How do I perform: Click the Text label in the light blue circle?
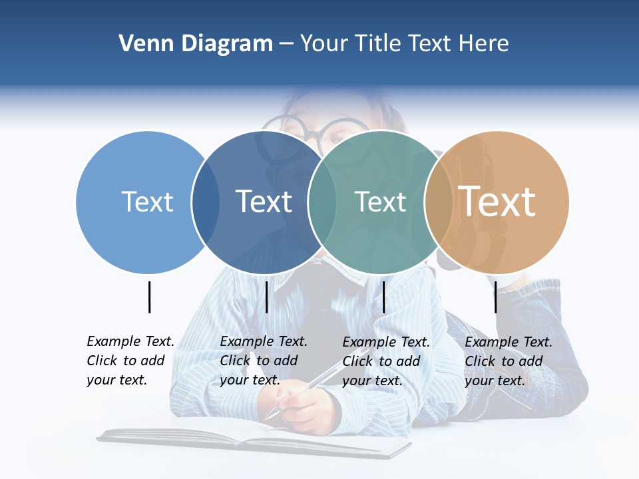point(148,202)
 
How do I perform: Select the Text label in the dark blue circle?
point(264,202)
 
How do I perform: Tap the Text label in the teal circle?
point(380,202)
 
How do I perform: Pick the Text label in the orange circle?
point(497,202)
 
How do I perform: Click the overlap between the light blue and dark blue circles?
point(206,202)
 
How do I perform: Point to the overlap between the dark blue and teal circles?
point(322,202)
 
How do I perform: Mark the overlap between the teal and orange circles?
point(439,202)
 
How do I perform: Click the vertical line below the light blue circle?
point(150,297)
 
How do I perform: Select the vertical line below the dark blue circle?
point(266,297)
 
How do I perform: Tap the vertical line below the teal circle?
point(384,297)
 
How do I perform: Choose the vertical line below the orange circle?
point(496,297)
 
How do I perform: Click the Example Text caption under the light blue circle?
point(130,361)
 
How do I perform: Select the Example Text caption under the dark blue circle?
point(263,361)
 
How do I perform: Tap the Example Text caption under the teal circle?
point(385,361)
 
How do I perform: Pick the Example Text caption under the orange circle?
point(508,361)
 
